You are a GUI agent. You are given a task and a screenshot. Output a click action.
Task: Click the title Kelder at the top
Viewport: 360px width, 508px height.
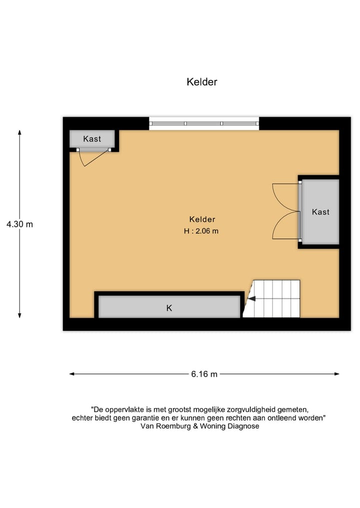pos(202,82)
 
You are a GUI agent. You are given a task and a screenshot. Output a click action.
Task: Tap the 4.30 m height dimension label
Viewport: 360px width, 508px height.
pos(19,224)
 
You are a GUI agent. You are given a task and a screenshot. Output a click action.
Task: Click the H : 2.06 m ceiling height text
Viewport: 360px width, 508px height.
pos(201,231)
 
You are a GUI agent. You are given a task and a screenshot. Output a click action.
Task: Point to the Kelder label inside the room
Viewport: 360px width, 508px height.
pos(202,219)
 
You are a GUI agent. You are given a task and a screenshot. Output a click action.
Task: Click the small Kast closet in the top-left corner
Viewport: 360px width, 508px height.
pos(92,139)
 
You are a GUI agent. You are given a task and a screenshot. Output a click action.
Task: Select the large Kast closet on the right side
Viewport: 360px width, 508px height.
pos(320,212)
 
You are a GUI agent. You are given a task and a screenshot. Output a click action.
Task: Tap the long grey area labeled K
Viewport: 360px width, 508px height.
pos(169,308)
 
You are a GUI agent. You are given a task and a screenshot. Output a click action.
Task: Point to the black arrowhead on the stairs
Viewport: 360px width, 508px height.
pos(251,299)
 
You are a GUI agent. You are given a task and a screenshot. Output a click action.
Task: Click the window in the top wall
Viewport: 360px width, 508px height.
pos(204,123)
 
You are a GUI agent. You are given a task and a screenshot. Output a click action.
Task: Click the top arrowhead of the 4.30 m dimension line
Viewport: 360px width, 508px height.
pos(19,132)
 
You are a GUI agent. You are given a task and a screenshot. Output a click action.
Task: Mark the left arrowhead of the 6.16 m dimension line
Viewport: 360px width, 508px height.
pos(72,374)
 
